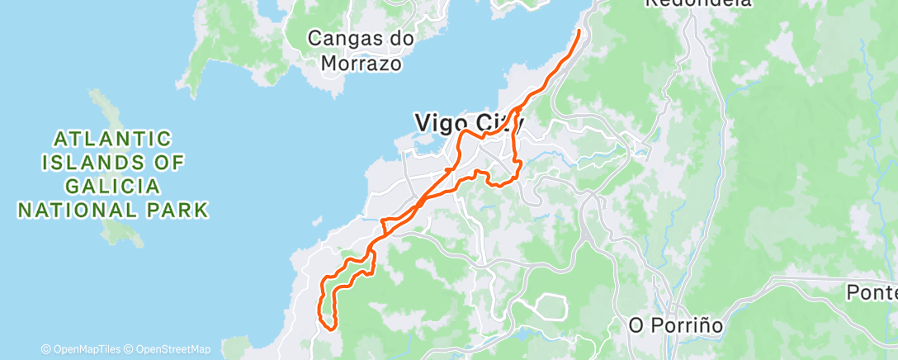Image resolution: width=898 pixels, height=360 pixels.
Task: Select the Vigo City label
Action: coord(469,123)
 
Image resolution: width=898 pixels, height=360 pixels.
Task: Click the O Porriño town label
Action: coord(675,325)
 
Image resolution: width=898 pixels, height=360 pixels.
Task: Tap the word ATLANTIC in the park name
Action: coord(113,137)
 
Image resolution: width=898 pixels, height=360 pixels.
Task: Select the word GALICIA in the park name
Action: coord(113,186)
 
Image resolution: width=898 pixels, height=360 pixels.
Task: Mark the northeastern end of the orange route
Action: coord(578,31)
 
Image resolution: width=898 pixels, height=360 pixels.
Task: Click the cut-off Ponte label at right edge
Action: coord(872,292)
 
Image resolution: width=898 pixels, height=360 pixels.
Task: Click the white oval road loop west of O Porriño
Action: coord(546,306)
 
